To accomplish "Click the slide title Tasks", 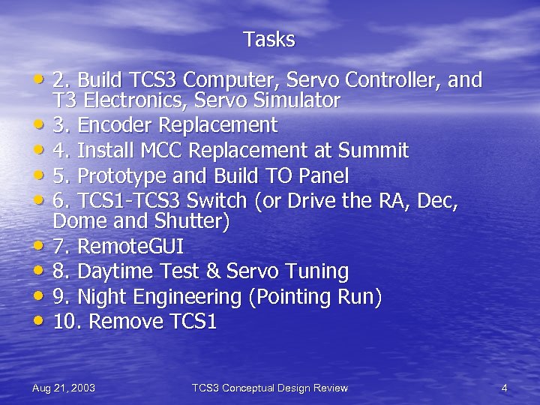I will click(x=269, y=40).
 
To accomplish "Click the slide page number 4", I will click(x=505, y=388).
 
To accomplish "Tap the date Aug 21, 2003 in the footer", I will click(x=64, y=388).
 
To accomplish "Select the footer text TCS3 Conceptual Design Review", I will click(x=270, y=388).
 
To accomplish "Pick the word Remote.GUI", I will click(x=131, y=246).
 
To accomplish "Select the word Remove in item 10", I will click(x=126, y=322).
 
